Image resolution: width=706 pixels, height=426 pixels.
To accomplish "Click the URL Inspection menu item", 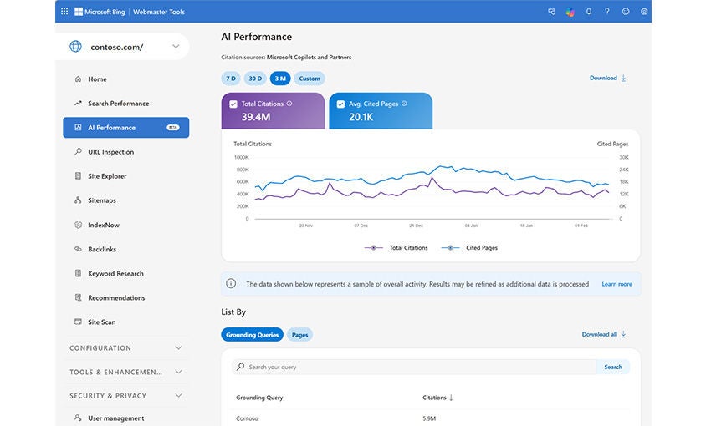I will [x=110, y=152].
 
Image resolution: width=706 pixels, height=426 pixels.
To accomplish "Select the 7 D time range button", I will [x=231, y=79].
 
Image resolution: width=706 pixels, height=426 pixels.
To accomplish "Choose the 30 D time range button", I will [x=255, y=79].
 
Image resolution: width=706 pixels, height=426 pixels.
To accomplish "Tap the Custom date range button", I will [x=310, y=79].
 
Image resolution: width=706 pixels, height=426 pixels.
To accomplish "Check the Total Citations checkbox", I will [x=233, y=104].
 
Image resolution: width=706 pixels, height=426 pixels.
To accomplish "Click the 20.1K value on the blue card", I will [x=361, y=117].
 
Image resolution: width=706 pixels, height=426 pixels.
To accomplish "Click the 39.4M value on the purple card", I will [x=255, y=117].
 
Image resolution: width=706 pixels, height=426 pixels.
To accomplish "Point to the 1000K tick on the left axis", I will [x=241, y=157].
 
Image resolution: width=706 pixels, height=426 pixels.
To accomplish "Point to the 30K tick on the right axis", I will [x=623, y=157].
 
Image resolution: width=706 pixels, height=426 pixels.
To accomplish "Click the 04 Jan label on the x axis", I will [x=470, y=226].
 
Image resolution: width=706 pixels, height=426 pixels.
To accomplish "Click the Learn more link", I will [x=616, y=284].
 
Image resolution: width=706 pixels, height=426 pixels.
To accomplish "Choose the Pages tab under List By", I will [x=299, y=335].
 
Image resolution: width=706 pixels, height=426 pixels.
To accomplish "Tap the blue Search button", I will [x=613, y=367].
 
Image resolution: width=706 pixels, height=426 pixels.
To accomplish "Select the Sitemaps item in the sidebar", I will [x=102, y=200].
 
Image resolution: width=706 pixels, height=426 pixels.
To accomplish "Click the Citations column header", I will [x=437, y=398].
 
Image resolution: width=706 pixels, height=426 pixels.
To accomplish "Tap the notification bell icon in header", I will [x=589, y=12].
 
